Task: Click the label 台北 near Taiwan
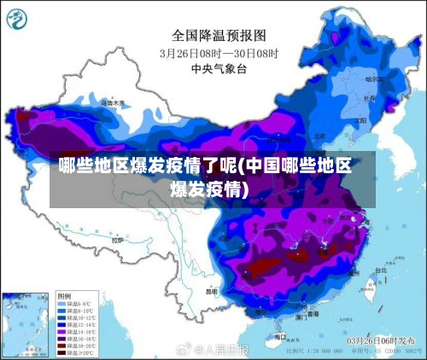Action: (x=380, y=270)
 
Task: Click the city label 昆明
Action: (x=211, y=290)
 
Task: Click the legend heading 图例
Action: (x=64, y=294)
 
